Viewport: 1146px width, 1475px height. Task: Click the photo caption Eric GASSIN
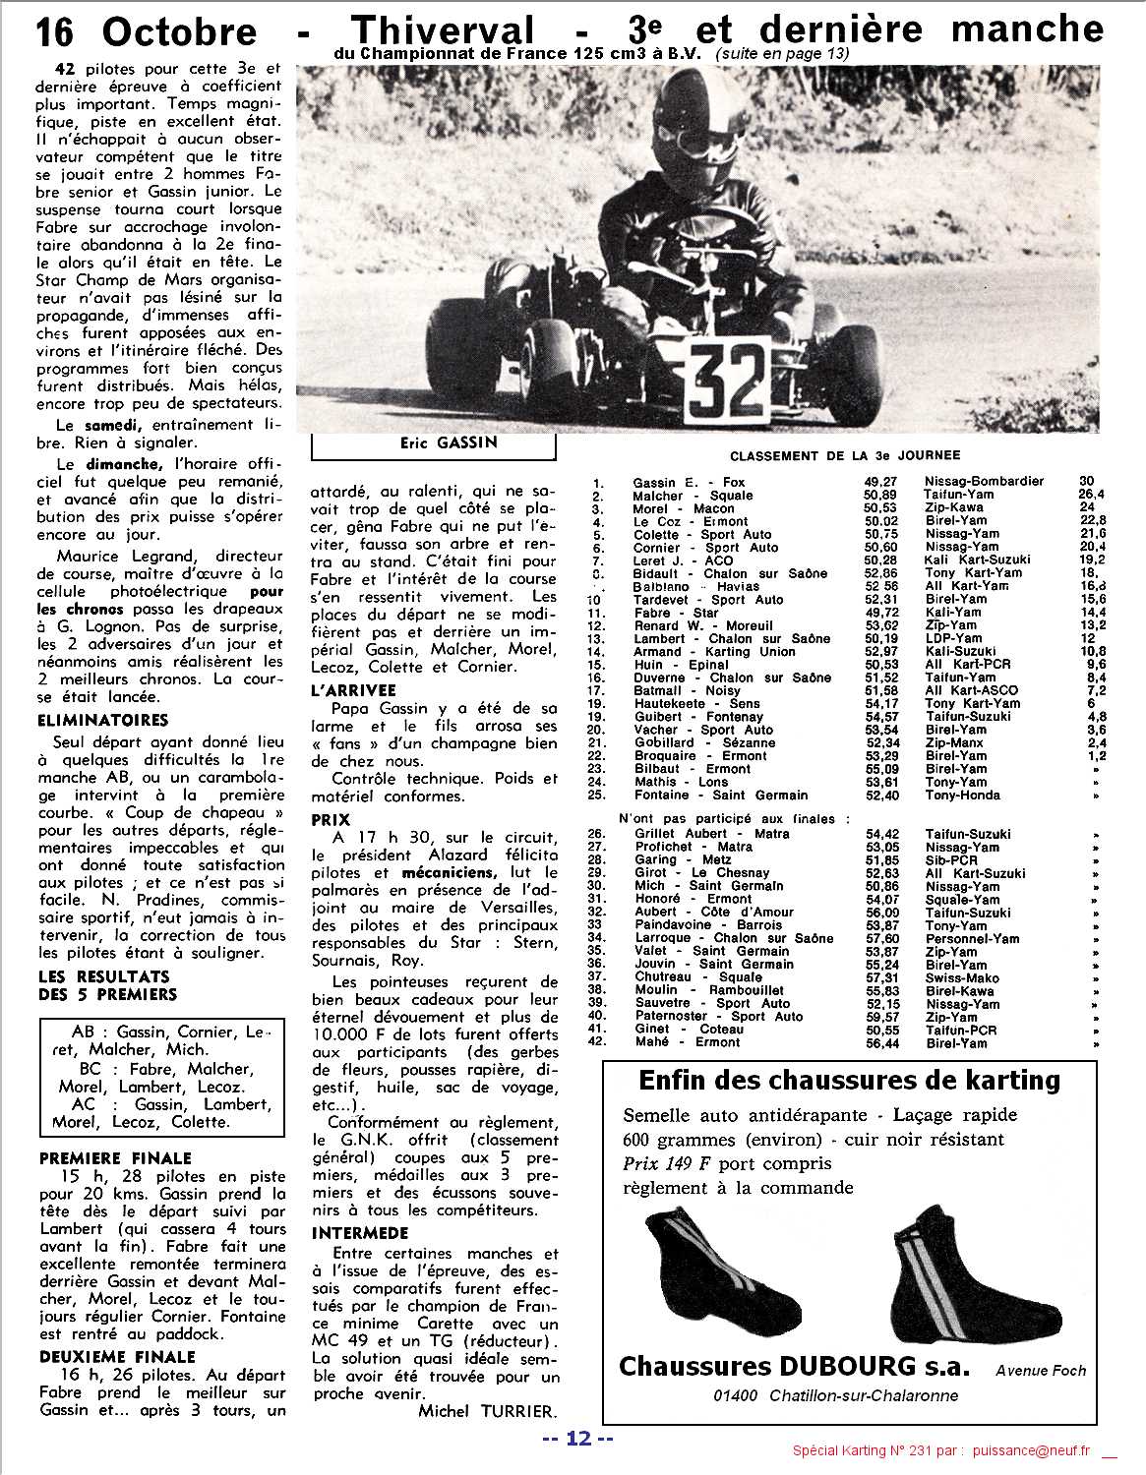click(x=434, y=442)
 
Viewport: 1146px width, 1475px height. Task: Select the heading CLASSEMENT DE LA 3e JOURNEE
click(x=845, y=455)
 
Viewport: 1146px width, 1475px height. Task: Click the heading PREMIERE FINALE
click(x=115, y=1158)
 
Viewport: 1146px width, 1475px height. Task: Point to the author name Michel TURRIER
click(x=486, y=1411)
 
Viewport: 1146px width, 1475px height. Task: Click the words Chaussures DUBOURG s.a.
click(x=793, y=1366)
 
